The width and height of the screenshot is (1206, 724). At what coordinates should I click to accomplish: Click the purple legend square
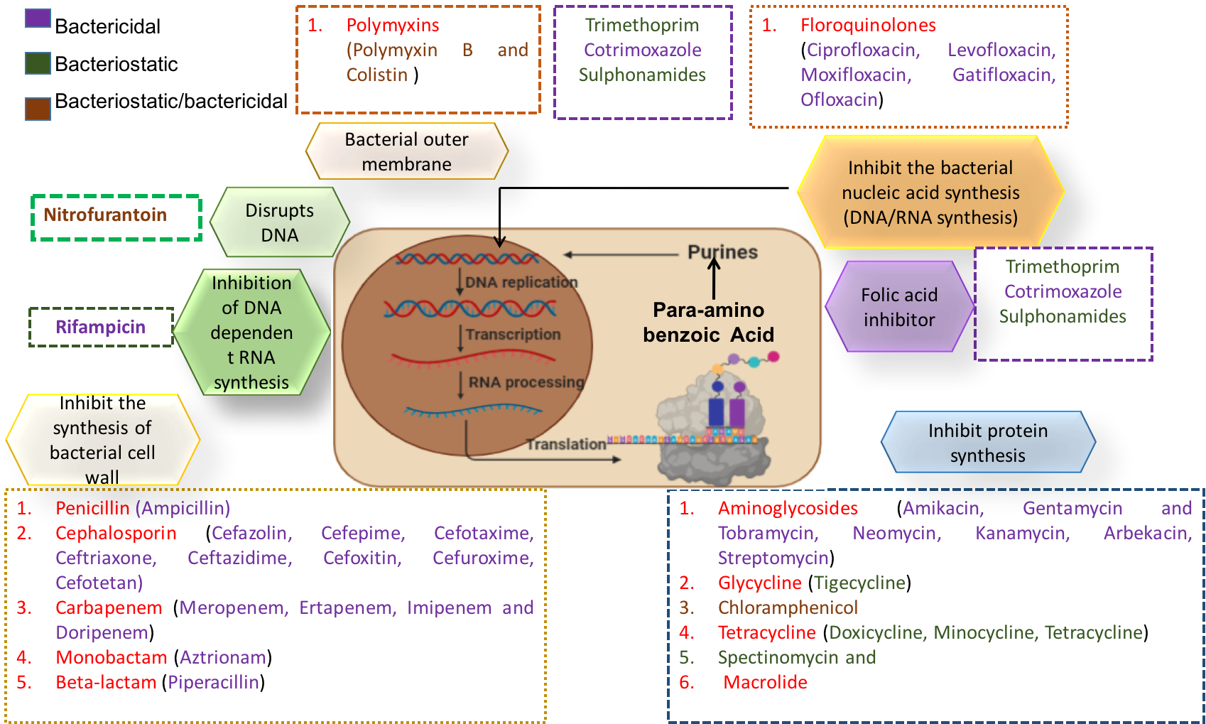click(38, 18)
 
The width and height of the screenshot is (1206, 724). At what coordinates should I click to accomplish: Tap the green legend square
click(38, 63)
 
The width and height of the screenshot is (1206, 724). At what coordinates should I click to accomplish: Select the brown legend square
click(38, 109)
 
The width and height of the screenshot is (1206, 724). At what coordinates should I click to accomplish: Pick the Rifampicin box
click(101, 327)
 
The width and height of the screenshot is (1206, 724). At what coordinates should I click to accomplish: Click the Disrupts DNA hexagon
click(279, 222)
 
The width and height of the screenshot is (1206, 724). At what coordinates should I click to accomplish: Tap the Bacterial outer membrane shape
click(406, 151)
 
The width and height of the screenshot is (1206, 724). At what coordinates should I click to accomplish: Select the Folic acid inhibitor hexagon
click(899, 307)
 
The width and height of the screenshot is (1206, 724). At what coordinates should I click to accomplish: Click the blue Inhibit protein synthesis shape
click(987, 443)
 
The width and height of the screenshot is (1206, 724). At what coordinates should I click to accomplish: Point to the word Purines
click(722, 252)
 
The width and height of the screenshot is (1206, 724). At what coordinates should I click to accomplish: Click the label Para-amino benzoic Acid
click(708, 322)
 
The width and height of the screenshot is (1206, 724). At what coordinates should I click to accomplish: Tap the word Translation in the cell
click(566, 444)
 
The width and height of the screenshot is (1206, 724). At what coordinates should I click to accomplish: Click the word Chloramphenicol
click(788, 607)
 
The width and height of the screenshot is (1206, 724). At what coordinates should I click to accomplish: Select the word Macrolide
click(765, 682)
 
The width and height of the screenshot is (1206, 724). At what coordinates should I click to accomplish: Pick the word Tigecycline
click(859, 583)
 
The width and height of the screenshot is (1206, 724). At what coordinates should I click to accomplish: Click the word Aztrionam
click(223, 657)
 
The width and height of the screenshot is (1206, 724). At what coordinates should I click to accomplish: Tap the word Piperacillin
click(213, 682)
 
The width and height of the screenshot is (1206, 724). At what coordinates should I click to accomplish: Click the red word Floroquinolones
click(868, 25)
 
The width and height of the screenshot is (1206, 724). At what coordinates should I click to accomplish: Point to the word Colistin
click(377, 75)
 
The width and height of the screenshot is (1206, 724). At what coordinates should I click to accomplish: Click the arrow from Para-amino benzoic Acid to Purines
click(714, 279)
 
